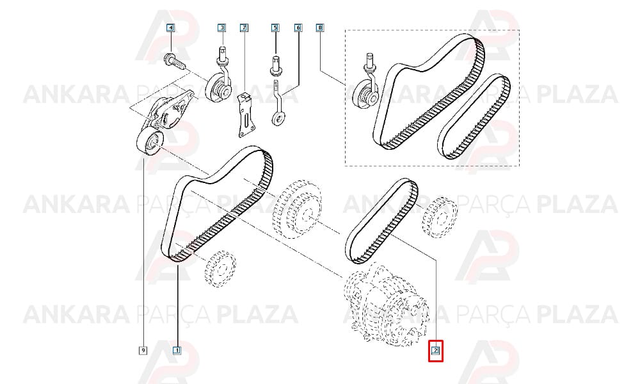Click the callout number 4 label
(x=170, y=28)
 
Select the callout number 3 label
(x=221, y=28)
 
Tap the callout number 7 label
(x=244, y=28)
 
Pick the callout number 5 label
(x=275, y=28)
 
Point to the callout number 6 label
(x=298, y=28)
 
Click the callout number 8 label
(x=320, y=28)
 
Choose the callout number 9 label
(x=143, y=350)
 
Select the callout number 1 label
(x=177, y=350)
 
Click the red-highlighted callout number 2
(x=435, y=350)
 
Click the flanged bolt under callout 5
(x=275, y=65)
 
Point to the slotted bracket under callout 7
(x=246, y=115)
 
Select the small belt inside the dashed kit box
(x=474, y=116)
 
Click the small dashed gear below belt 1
(x=220, y=269)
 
